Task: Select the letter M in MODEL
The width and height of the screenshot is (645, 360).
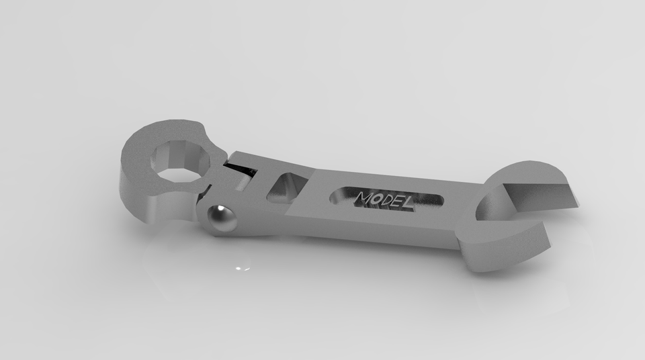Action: (367, 199)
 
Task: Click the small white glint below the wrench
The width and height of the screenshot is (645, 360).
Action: (243, 269)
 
